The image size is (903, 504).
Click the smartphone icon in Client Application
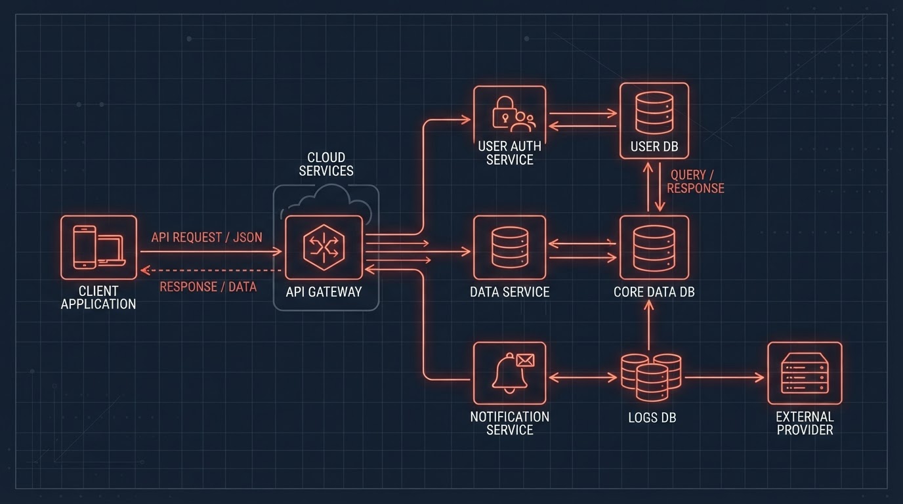(85, 247)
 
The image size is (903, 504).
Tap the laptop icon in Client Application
(112, 251)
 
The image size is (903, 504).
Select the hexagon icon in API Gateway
(324, 247)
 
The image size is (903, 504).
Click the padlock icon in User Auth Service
(504, 112)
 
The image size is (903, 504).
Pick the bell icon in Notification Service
(509, 374)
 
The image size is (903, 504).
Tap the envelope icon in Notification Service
(525, 360)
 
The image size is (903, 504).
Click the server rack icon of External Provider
(805, 373)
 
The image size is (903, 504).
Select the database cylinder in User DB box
(654, 112)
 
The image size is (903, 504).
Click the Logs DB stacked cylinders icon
(651, 377)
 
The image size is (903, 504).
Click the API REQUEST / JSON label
(207, 238)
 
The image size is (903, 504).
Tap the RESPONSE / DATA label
(208, 287)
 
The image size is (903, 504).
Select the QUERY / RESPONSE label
(696, 181)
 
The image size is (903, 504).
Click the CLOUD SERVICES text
(326, 164)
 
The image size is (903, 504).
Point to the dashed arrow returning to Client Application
(211, 270)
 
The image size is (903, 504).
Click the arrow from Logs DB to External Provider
(724, 377)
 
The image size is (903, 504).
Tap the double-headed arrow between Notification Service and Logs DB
(583, 377)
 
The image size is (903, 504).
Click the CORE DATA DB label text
(654, 292)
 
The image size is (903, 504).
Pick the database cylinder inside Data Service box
(510, 247)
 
